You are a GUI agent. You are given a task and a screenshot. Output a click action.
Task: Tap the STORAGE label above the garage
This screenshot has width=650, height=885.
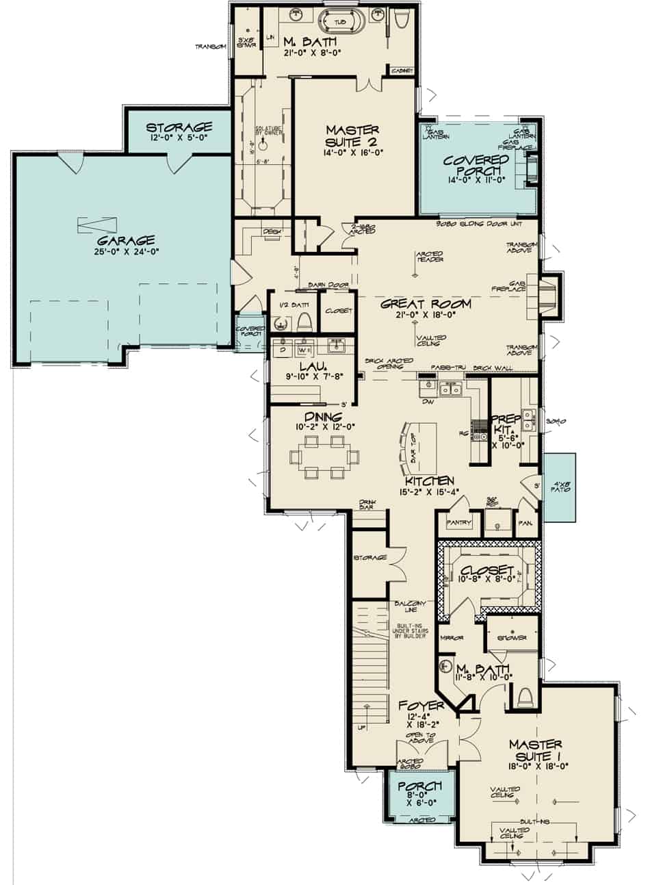[x=179, y=128]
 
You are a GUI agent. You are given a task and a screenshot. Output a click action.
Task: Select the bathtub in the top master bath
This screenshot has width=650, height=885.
[x=339, y=23]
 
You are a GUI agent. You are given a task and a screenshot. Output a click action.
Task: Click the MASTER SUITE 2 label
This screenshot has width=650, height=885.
[x=352, y=137]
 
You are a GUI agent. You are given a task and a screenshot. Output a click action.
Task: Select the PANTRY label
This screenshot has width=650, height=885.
[x=459, y=524]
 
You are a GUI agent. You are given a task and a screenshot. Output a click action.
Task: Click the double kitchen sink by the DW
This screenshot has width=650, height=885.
[x=450, y=391]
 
